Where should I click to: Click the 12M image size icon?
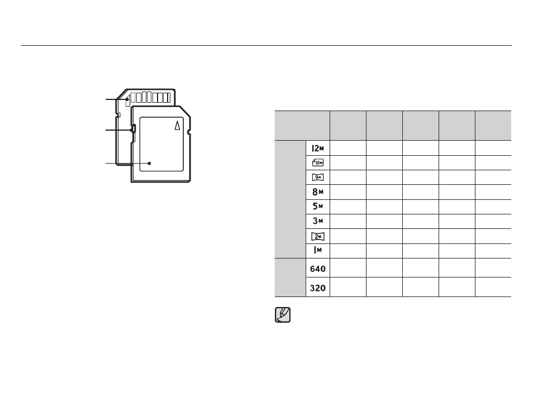(x=318, y=148)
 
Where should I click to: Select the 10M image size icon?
(x=318, y=163)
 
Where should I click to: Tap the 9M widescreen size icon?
(x=318, y=178)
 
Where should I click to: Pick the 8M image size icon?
(x=318, y=192)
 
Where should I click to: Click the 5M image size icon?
(x=318, y=206)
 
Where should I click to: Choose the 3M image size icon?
(x=318, y=221)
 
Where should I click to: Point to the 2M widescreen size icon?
(x=318, y=236)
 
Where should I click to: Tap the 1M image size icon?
(x=318, y=251)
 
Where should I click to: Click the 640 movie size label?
(x=318, y=269)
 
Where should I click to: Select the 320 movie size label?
(x=318, y=288)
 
